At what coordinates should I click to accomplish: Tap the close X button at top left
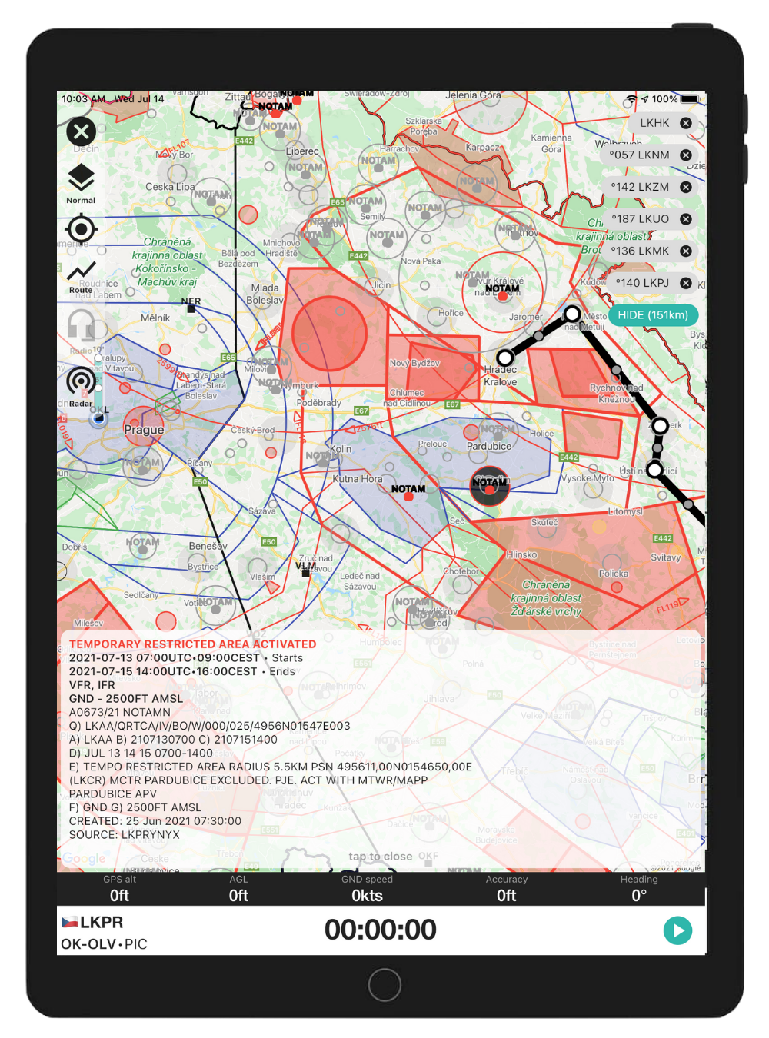(81, 131)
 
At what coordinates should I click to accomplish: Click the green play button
(677, 930)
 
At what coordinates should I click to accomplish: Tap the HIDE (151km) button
(653, 315)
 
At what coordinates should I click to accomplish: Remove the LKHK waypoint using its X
(686, 123)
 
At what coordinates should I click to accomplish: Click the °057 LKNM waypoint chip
(640, 155)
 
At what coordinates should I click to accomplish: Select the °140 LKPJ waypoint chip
(642, 283)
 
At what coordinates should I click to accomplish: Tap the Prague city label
(144, 430)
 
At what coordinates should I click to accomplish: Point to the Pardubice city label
(488, 446)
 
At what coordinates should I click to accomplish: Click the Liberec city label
(301, 151)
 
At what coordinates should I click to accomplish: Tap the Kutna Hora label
(357, 479)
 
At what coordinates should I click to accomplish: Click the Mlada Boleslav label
(265, 294)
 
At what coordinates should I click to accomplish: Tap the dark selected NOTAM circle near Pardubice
(490, 485)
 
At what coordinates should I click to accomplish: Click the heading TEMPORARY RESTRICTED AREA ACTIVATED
(192, 644)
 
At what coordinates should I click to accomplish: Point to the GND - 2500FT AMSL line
(126, 699)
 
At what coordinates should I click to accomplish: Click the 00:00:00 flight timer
(380, 930)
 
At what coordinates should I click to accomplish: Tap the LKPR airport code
(102, 923)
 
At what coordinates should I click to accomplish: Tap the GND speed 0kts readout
(367, 896)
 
